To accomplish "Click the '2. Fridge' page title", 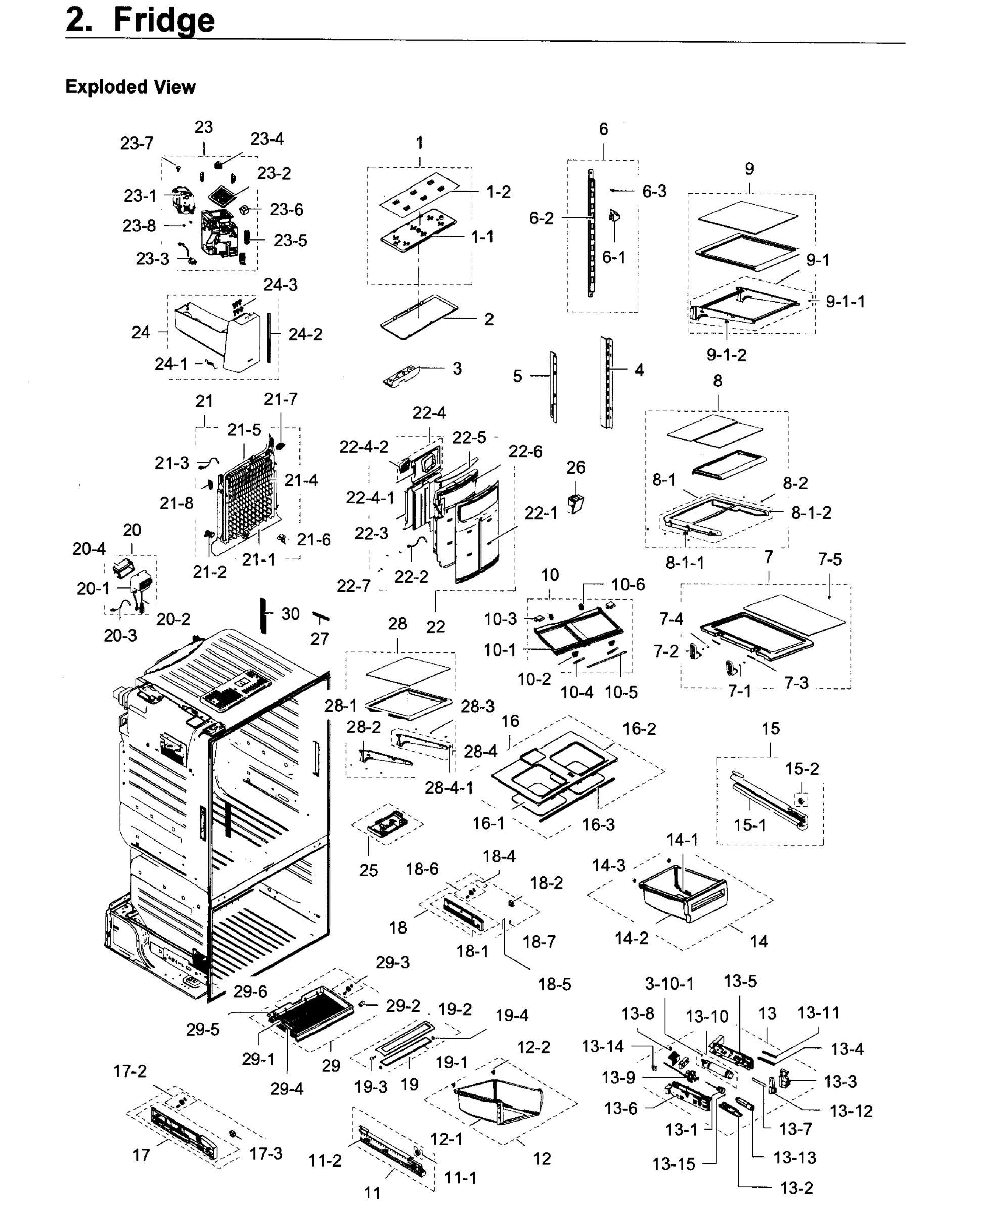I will [141, 20].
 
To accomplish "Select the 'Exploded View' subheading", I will [130, 87].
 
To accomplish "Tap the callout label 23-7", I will [137, 143].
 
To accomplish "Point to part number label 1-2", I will [498, 192].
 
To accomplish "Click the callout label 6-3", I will [654, 192].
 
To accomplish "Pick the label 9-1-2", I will [726, 355].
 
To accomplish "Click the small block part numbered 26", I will [576, 501].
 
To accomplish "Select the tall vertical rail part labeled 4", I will [607, 382].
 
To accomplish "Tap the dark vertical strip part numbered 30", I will [263, 615].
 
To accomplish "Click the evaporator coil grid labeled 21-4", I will [249, 492].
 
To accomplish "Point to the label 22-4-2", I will [364, 447].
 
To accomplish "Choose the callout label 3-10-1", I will [669, 983].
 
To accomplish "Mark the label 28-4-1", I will [449, 787].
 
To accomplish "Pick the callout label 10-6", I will [628, 584].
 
